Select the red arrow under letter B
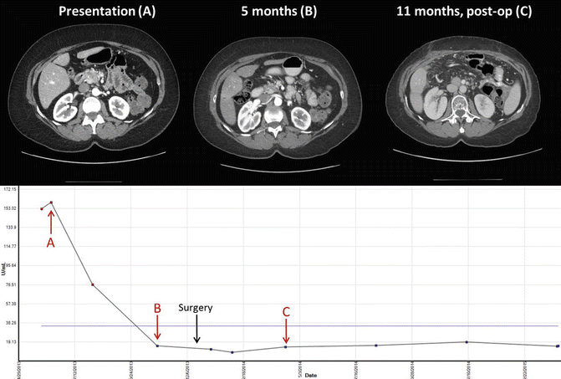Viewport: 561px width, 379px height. pyautogui.click(x=158, y=327)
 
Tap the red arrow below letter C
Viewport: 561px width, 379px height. pyautogui.click(x=286, y=332)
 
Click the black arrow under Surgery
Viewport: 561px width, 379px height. pyautogui.click(x=196, y=329)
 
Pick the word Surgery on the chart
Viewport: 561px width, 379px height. pyautogui.click(x=196, y=308)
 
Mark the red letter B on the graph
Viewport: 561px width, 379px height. pyautogui.click(x=157, y=308)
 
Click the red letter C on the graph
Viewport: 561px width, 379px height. pyautogui.click(x=286, y=312)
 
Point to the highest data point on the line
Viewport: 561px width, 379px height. pyautogui.click(x=52, y=202)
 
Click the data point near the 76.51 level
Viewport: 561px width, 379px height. pyautogui.click(x=92, y=284)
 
